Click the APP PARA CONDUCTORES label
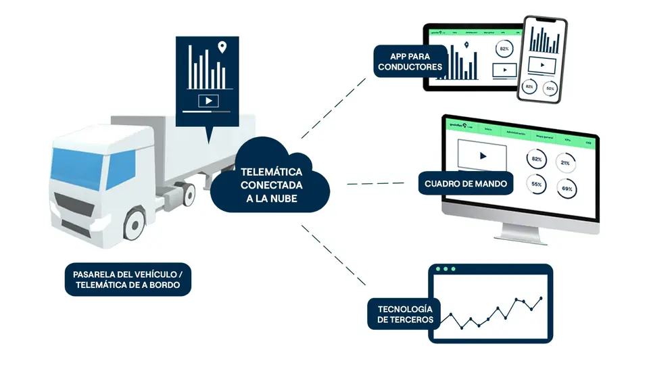[410, 61]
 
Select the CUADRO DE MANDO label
[466, 183]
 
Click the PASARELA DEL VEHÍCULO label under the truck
[128, 280]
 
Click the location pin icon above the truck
[222, 47]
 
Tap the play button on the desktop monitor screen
[483, 155]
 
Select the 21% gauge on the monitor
[564, 163]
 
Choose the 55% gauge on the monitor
[537, 184]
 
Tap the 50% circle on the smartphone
[550, 88]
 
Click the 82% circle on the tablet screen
[504, 49]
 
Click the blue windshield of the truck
[75, 163]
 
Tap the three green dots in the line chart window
[446, 269]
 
